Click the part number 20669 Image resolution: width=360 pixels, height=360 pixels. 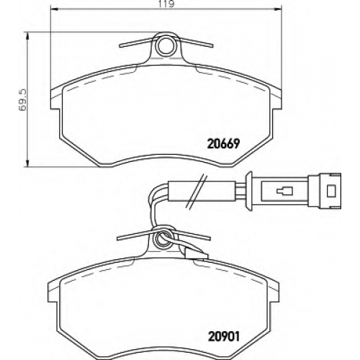pos(223,144)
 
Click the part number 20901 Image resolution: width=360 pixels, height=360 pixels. pos(224,337)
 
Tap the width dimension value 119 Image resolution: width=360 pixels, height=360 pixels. pos(166,4)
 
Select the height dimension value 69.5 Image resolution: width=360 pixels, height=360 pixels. pos(23,99)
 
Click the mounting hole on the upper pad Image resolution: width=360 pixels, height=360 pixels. pos(166,46)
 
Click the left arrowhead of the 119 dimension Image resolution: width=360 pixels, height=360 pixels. pos(55,9)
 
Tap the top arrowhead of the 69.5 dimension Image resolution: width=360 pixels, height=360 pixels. pos(28,37)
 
